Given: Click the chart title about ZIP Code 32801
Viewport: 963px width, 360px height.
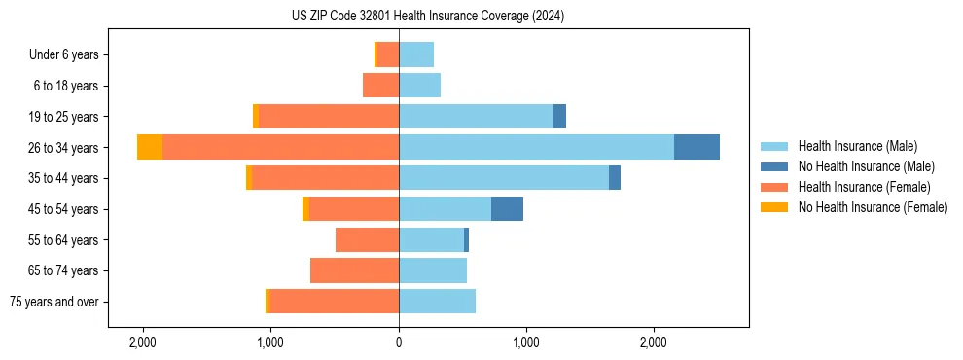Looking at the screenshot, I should pyautogui.click(x=427, y=17).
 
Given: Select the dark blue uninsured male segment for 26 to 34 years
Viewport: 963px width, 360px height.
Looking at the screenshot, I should pyautogui.click(x=696, y=147).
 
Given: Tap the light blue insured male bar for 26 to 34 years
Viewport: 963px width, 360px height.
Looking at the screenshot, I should pyautogui.click(x=536, y=147).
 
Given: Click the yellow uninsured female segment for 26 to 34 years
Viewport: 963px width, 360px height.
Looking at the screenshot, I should pyautogui.click(x=150, y=147).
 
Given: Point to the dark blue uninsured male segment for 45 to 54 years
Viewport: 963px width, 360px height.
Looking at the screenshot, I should pyautogui.click(x=507, y=208).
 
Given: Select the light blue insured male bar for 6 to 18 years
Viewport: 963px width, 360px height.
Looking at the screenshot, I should pyautogui.click(x=419, y=86).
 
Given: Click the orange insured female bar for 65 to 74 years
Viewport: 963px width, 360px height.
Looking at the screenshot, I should pyautogui.click(x=354, y=270).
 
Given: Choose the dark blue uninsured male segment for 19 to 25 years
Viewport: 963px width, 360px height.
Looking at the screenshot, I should pyautogui.click(x=559, y=117).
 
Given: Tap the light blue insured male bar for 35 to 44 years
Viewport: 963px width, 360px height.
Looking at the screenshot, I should pyautogui.click(x=504, y=178).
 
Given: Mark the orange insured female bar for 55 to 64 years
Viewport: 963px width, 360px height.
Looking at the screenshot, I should pyautogui.click(x=367, y=239).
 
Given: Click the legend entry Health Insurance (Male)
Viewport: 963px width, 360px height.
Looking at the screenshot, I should pyautogui.click(x=857, y=146).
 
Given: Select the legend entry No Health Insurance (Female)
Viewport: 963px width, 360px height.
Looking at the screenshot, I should pyautogui.click(x=873, y=207).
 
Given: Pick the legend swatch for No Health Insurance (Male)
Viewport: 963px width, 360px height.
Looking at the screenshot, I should pyautogui.click(x=774, y=166).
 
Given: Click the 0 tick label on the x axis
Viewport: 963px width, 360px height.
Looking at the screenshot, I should pyautogui.click(x=399, y=342).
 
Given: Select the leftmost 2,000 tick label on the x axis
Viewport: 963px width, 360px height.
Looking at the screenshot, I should pyautogui.click(x=143, y=342).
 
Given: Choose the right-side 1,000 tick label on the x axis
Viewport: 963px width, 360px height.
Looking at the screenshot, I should pyautogui.click(x=526, y=342).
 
